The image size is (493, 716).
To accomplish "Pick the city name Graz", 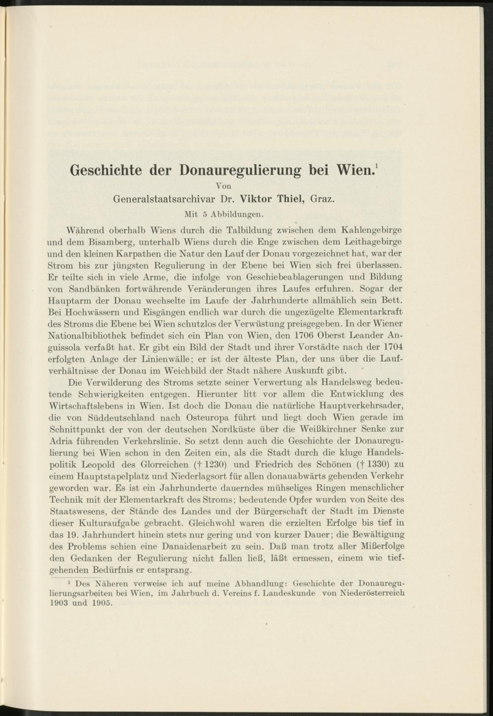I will (324, 200).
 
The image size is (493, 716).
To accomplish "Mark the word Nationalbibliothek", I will (89, 336).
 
